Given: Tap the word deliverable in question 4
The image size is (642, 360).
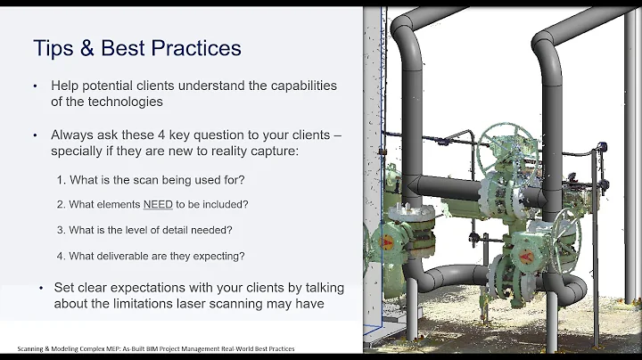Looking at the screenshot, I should (136, 255).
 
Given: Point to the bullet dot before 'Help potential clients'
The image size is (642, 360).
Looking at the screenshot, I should (34, 86).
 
